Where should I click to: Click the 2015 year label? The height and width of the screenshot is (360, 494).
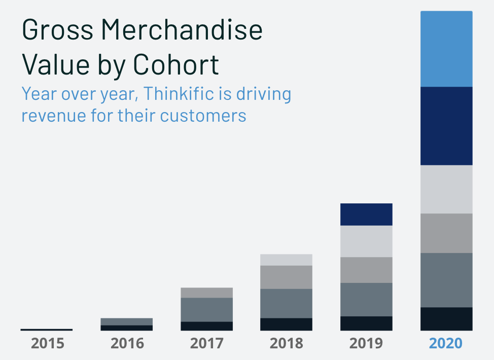pos(48,343)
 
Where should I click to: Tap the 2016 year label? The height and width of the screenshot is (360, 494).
pos(127,343)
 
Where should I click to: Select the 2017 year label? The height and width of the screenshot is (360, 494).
pos(206,343)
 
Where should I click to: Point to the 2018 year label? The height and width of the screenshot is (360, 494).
pos(286,343)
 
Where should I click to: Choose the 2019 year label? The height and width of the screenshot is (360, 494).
pos(366,343)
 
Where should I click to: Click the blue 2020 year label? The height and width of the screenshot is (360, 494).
pos(446,343)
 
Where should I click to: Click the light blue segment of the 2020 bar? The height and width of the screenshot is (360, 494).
pos(446,49)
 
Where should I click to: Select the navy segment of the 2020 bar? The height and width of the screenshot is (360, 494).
pos(446,126)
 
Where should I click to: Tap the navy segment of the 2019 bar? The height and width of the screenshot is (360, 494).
pos(366,214)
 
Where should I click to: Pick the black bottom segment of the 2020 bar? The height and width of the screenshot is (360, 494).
pos(446,319)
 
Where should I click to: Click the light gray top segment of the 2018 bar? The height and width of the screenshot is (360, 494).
pos(286,260)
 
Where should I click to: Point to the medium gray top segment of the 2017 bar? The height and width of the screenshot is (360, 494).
pos(206,293)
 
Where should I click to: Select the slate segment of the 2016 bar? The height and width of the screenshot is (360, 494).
pos(127,321)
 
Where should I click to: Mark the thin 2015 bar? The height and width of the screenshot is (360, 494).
pos(47,330)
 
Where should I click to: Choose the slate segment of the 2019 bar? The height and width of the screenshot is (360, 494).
pos(366,299)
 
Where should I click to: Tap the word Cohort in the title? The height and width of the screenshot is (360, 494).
pos(176,64)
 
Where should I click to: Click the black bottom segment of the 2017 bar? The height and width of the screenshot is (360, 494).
pos(206,326)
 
